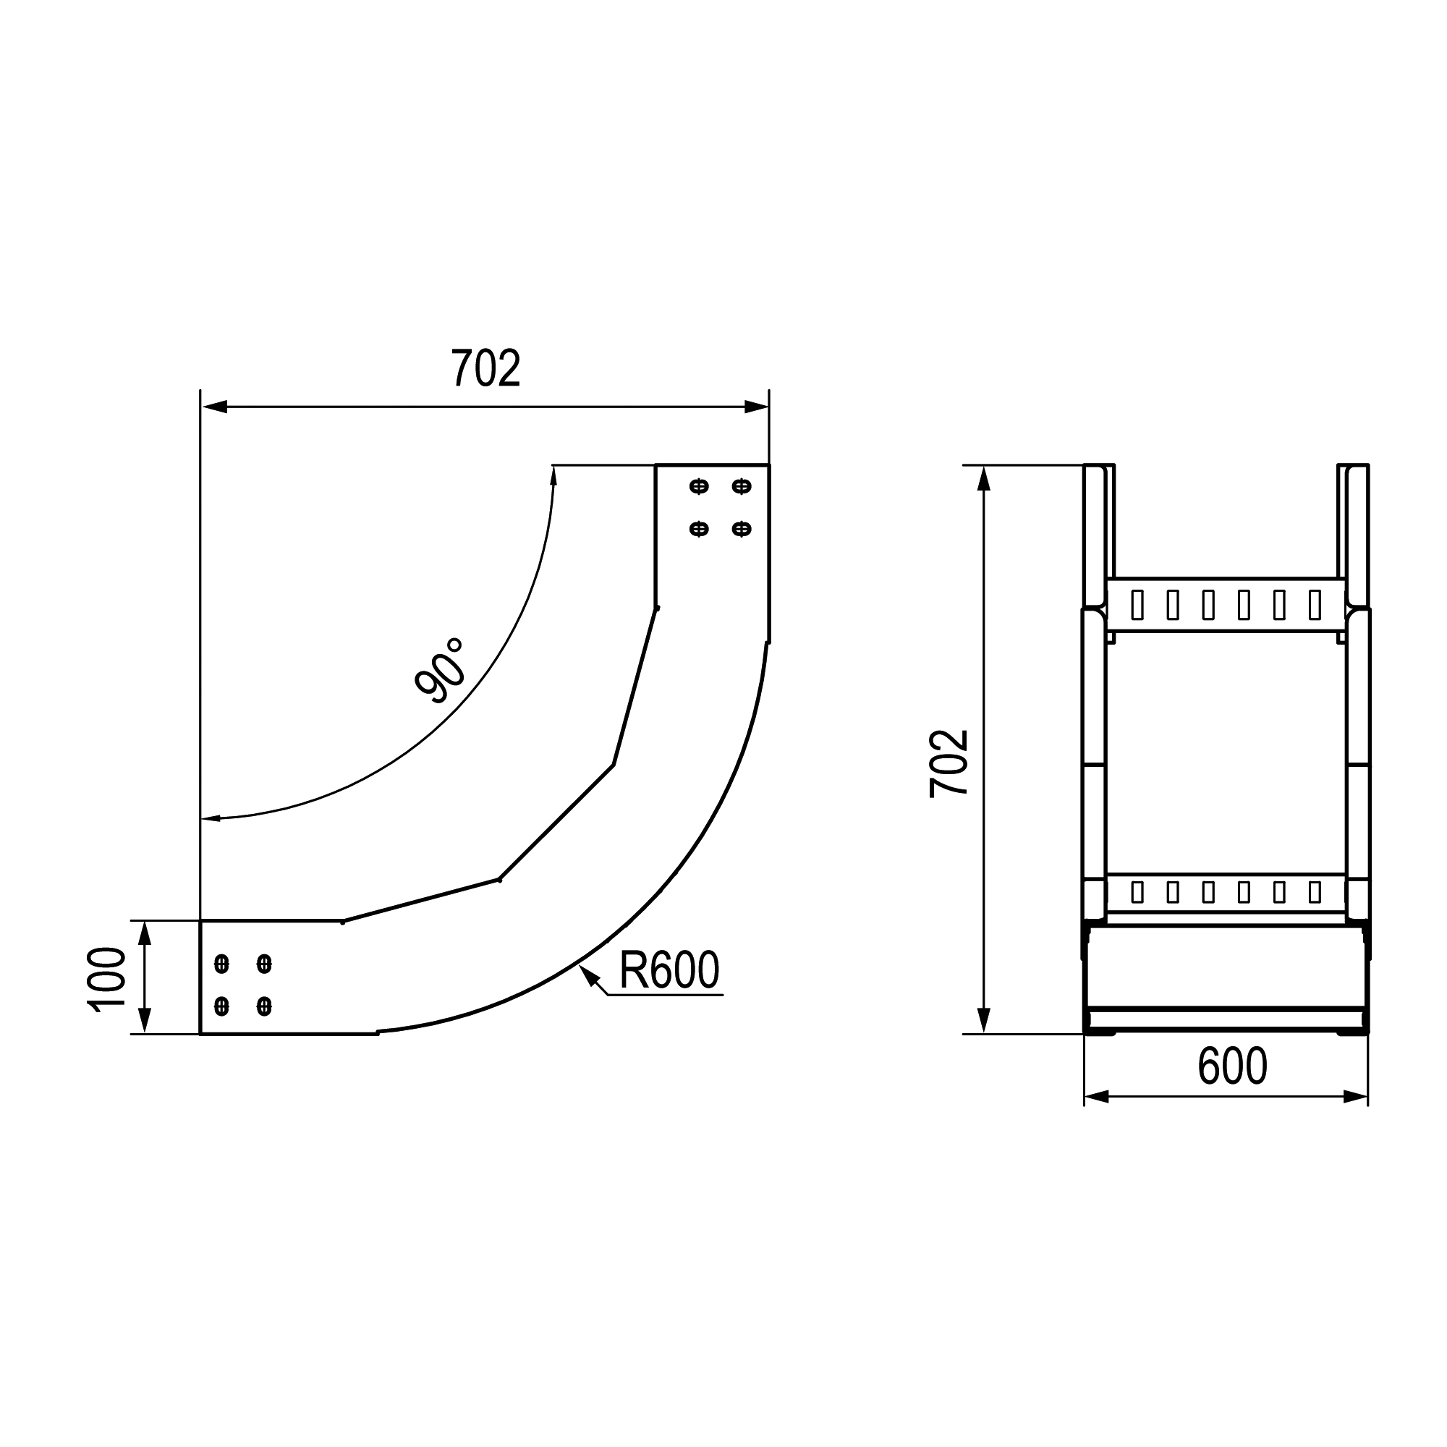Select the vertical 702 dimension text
pyautogui.click(x=949, y=763)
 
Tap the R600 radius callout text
pyautogui.click(x=669, y=970)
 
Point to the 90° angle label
pyautogui.click(x=441, y=671)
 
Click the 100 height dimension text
pyautogui.click(x=107, y=980)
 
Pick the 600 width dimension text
pyautogui.click(x=1232, y=1066)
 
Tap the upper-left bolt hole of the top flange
pyautogui.click(x=699, y=487)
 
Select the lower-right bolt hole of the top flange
pyautogui.click(x=742, y=530)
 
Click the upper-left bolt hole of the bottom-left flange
pyautogui.click(x=221, y=963)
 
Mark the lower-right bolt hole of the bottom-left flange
pyautogui.click(x=263, y=1006)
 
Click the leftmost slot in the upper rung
pyautogui.click(x=1137, y=604)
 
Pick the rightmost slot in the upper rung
pyautogui.click(x=1315, y=604)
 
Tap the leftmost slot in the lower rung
pyautogui.click(x=1137, y=891)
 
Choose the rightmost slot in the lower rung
pyautogui.click(x=1315, y=891)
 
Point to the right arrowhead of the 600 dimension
pyautogui.click(x=1356, y=1098)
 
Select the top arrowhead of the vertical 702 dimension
pyautogui.click(x=984, y=478)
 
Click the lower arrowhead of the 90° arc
pyautogui.click(x=211, y=818)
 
